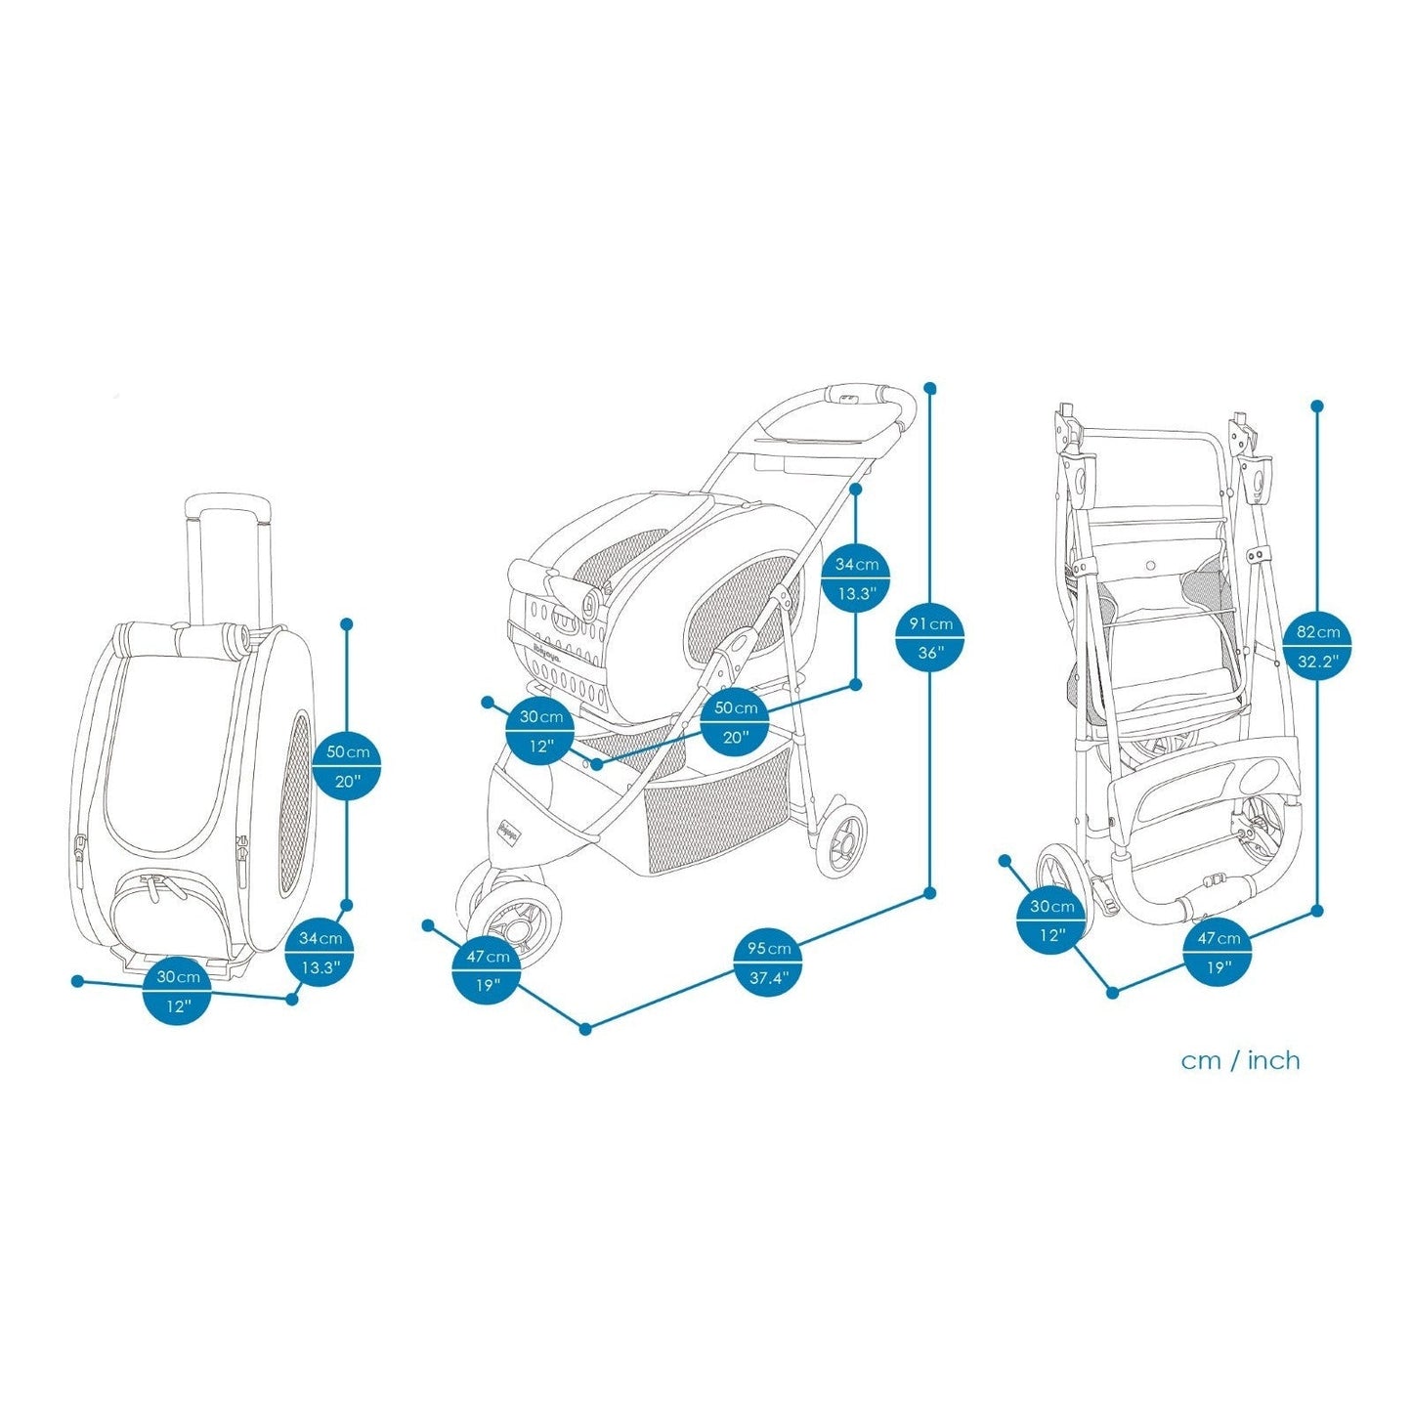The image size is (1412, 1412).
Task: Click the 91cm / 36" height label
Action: tap(929, 638)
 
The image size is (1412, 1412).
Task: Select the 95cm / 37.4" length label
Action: tap(769, 963)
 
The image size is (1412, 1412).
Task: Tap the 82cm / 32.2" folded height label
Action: tap(1317, 646)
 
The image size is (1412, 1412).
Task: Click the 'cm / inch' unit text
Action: tap(1240, 1060)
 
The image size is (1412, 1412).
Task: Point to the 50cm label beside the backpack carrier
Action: tap(347, 766)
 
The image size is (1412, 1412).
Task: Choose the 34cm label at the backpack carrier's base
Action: tap(320, 953)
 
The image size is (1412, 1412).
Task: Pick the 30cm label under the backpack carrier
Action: tap(177, 991)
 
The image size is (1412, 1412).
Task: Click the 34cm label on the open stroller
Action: tap(856, 578)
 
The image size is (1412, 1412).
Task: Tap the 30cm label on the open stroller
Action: tap(540, 732)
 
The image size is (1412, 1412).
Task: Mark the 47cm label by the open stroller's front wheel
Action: tap(487, 970)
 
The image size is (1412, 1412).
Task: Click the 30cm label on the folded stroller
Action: tap(1051, 920)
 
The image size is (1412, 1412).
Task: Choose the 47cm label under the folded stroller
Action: tap(1219, 953)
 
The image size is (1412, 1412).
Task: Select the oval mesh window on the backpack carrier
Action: tap(297, 803)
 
